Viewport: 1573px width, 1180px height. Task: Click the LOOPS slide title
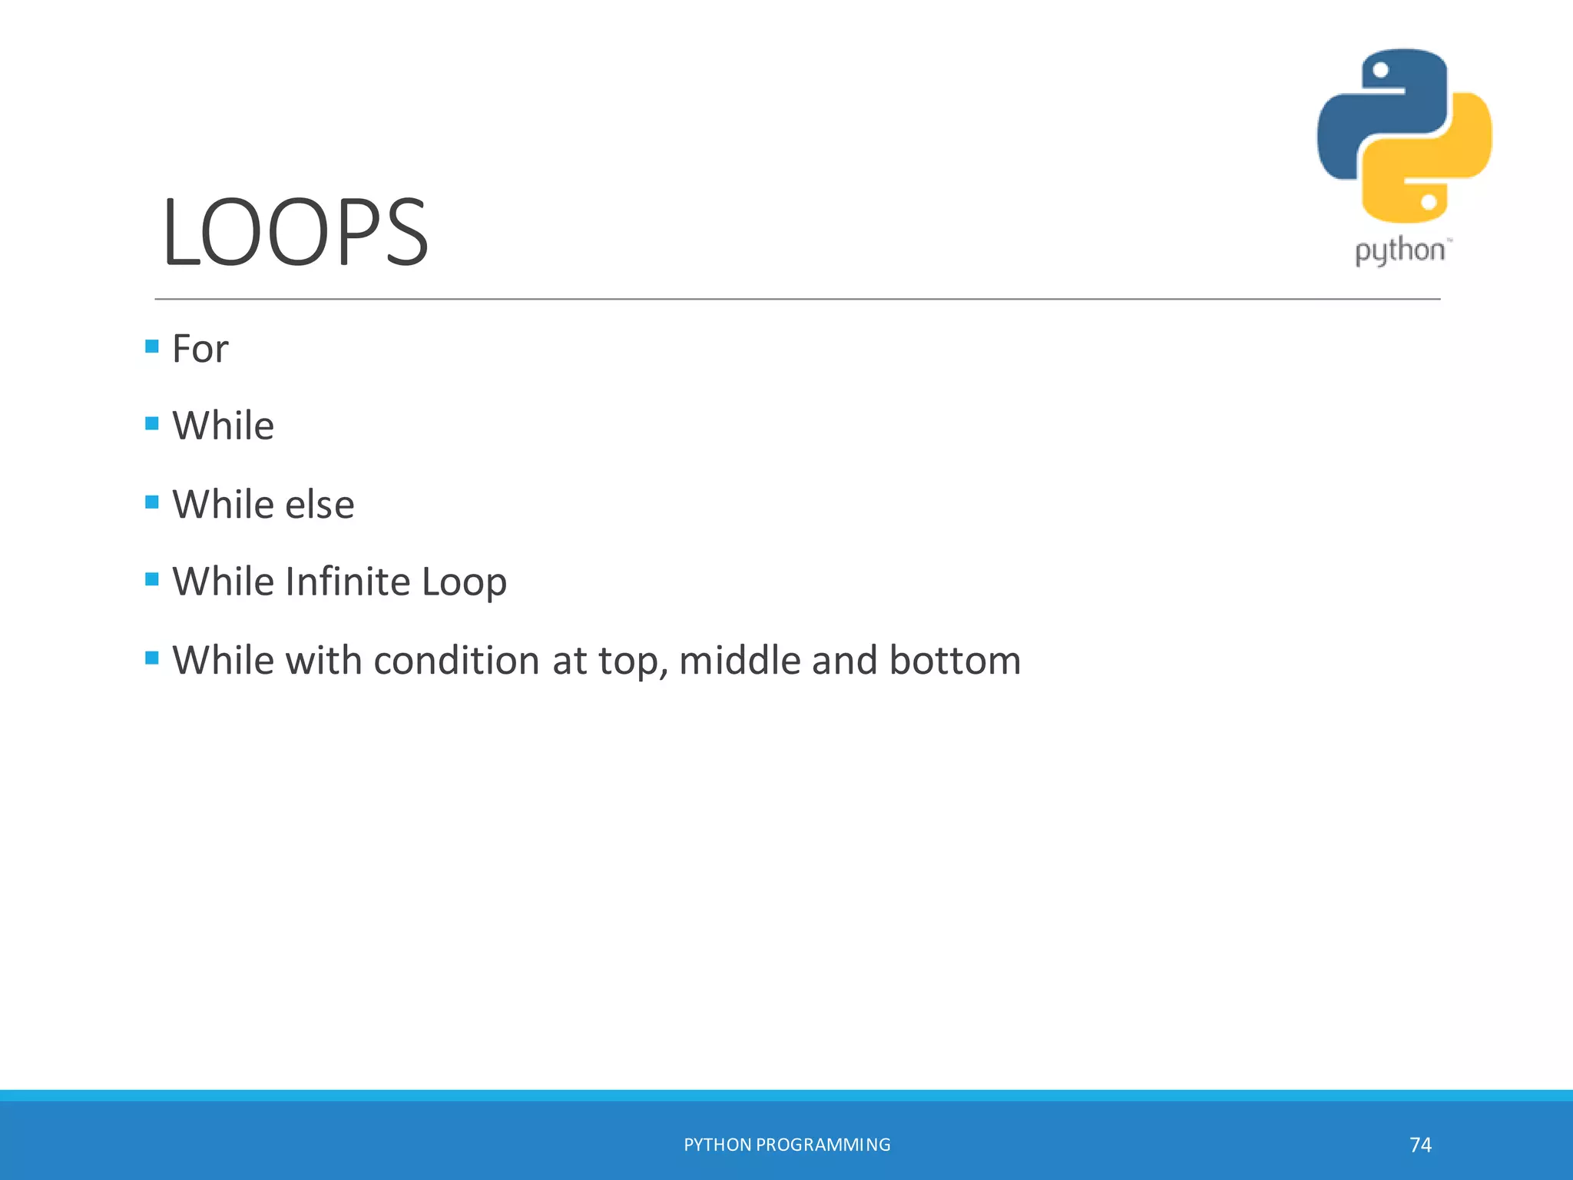coord(295,233)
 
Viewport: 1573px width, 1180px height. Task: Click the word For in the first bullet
coord(200,349)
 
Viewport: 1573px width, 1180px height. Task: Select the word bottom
coord(955,661)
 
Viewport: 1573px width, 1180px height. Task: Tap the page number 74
coord(1420,1145)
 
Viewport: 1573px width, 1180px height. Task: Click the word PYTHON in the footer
coord(717,1145)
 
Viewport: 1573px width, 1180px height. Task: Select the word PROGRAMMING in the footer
coord(823,1145)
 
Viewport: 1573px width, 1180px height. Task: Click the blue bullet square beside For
coord(152,346)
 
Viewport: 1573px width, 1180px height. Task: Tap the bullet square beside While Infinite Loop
coord(152,579)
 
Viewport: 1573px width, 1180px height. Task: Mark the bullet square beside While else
coord(152,502)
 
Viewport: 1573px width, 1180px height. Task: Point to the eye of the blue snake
coord(1380,71)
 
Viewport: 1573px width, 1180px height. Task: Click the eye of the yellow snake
coord(1429,202)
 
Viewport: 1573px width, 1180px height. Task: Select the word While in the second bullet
coord(223,426)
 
